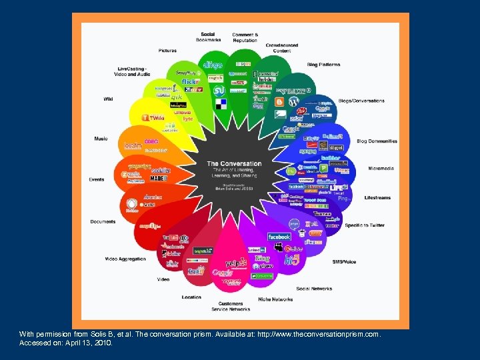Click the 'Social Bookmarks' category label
[x=207, y=37]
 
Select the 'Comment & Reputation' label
[x=245, y=37]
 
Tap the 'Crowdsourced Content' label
[x=281, y=48]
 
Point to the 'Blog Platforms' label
[x=323, y=65]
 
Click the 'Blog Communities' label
[x=377, y=141]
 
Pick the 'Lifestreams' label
[x=377, y=198]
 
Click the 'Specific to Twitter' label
[x=365, y=225]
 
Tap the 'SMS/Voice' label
[x=344, y=262]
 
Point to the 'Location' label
[x=191, y=297]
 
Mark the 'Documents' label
[x=103, y=221]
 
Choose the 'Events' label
[x=97, y=179]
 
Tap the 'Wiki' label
[x=108, y=99]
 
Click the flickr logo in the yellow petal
[x=191, y=82]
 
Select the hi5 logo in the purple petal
[x=292, y=259]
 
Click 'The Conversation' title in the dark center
[x=234, y=163]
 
